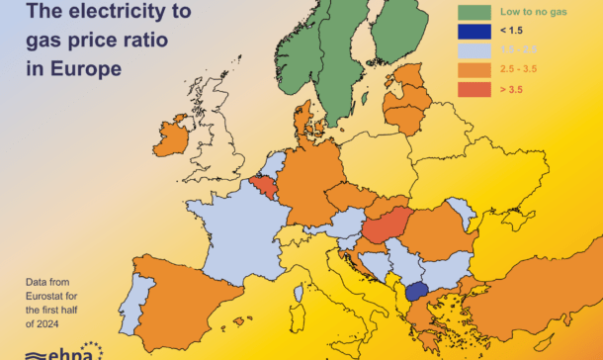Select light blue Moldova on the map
coord(460,212)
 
